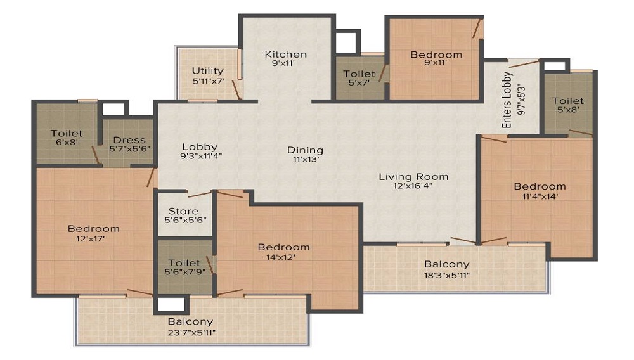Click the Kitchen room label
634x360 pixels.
285,55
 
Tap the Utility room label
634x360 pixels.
208,70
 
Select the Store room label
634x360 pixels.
183,211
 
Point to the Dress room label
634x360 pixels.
129,140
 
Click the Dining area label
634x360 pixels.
305,150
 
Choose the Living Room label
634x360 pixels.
413,177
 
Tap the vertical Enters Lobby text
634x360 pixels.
507,100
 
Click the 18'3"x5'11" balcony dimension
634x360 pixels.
447,274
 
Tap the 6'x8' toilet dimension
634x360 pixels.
67,143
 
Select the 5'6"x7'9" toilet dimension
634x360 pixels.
184,273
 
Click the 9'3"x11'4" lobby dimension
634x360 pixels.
200,155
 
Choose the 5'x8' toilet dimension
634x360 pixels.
567,110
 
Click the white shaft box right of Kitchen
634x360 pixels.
347,42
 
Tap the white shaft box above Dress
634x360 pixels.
114,109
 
